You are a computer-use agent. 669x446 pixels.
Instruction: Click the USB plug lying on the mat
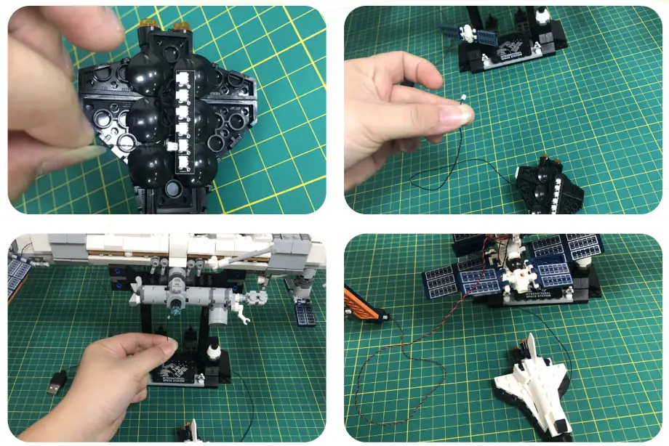(x=57, y=382)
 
